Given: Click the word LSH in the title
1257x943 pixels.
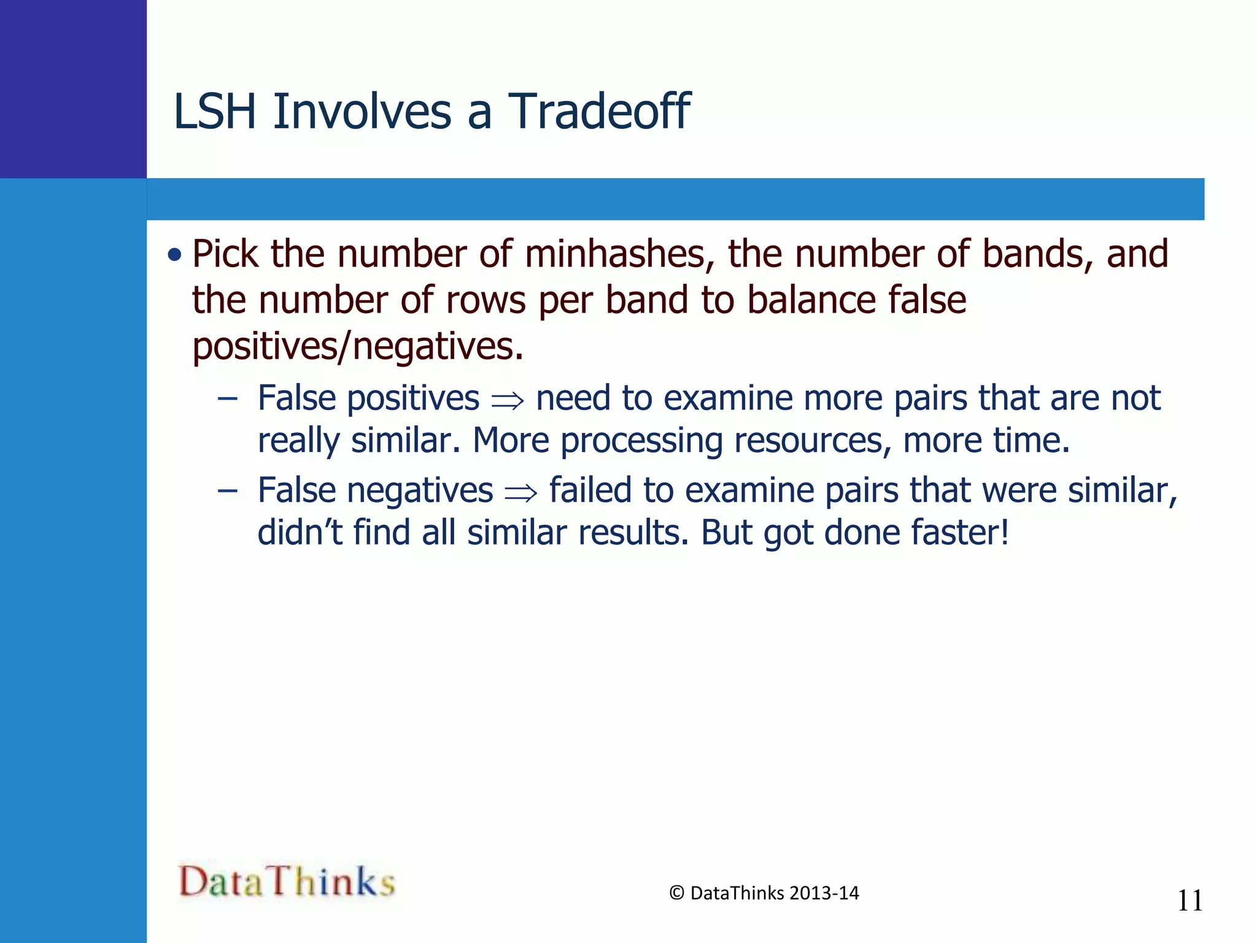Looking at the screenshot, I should [214, 112].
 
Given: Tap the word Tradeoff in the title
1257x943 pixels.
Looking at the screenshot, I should [599, 112].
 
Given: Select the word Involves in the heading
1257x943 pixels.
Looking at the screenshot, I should [362, 112].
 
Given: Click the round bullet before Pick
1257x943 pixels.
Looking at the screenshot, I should [175, 254].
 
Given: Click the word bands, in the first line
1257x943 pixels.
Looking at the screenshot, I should [1038, 254].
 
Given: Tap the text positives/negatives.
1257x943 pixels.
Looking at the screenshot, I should [358, 346].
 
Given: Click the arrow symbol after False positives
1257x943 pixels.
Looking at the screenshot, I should [508, 401].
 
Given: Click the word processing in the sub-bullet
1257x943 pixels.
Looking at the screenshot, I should [641, 441].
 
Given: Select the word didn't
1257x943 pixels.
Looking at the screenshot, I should [300, 532].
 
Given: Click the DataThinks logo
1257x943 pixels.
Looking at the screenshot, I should [287, 882].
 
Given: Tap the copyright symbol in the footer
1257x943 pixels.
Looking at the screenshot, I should [676, 893].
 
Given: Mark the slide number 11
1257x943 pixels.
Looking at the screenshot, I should [1190, 901].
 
